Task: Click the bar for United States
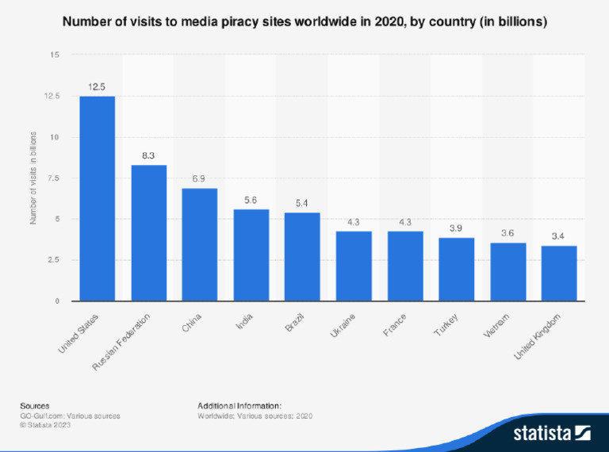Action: coord(97,198)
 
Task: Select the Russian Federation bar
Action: coord(148,233)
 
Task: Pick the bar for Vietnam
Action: coord(507,271)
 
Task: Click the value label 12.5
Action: coord(97,86)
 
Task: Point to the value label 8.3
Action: coord(148,155)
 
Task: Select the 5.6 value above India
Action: coord(251,200)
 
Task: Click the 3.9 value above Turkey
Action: coord(456,228)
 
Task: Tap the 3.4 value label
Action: coord(558,236)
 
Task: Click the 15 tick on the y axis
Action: coord(54,55)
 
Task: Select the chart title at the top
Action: coord(304,23)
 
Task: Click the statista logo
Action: coord(552,432)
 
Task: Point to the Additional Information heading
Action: coord(239,405)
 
